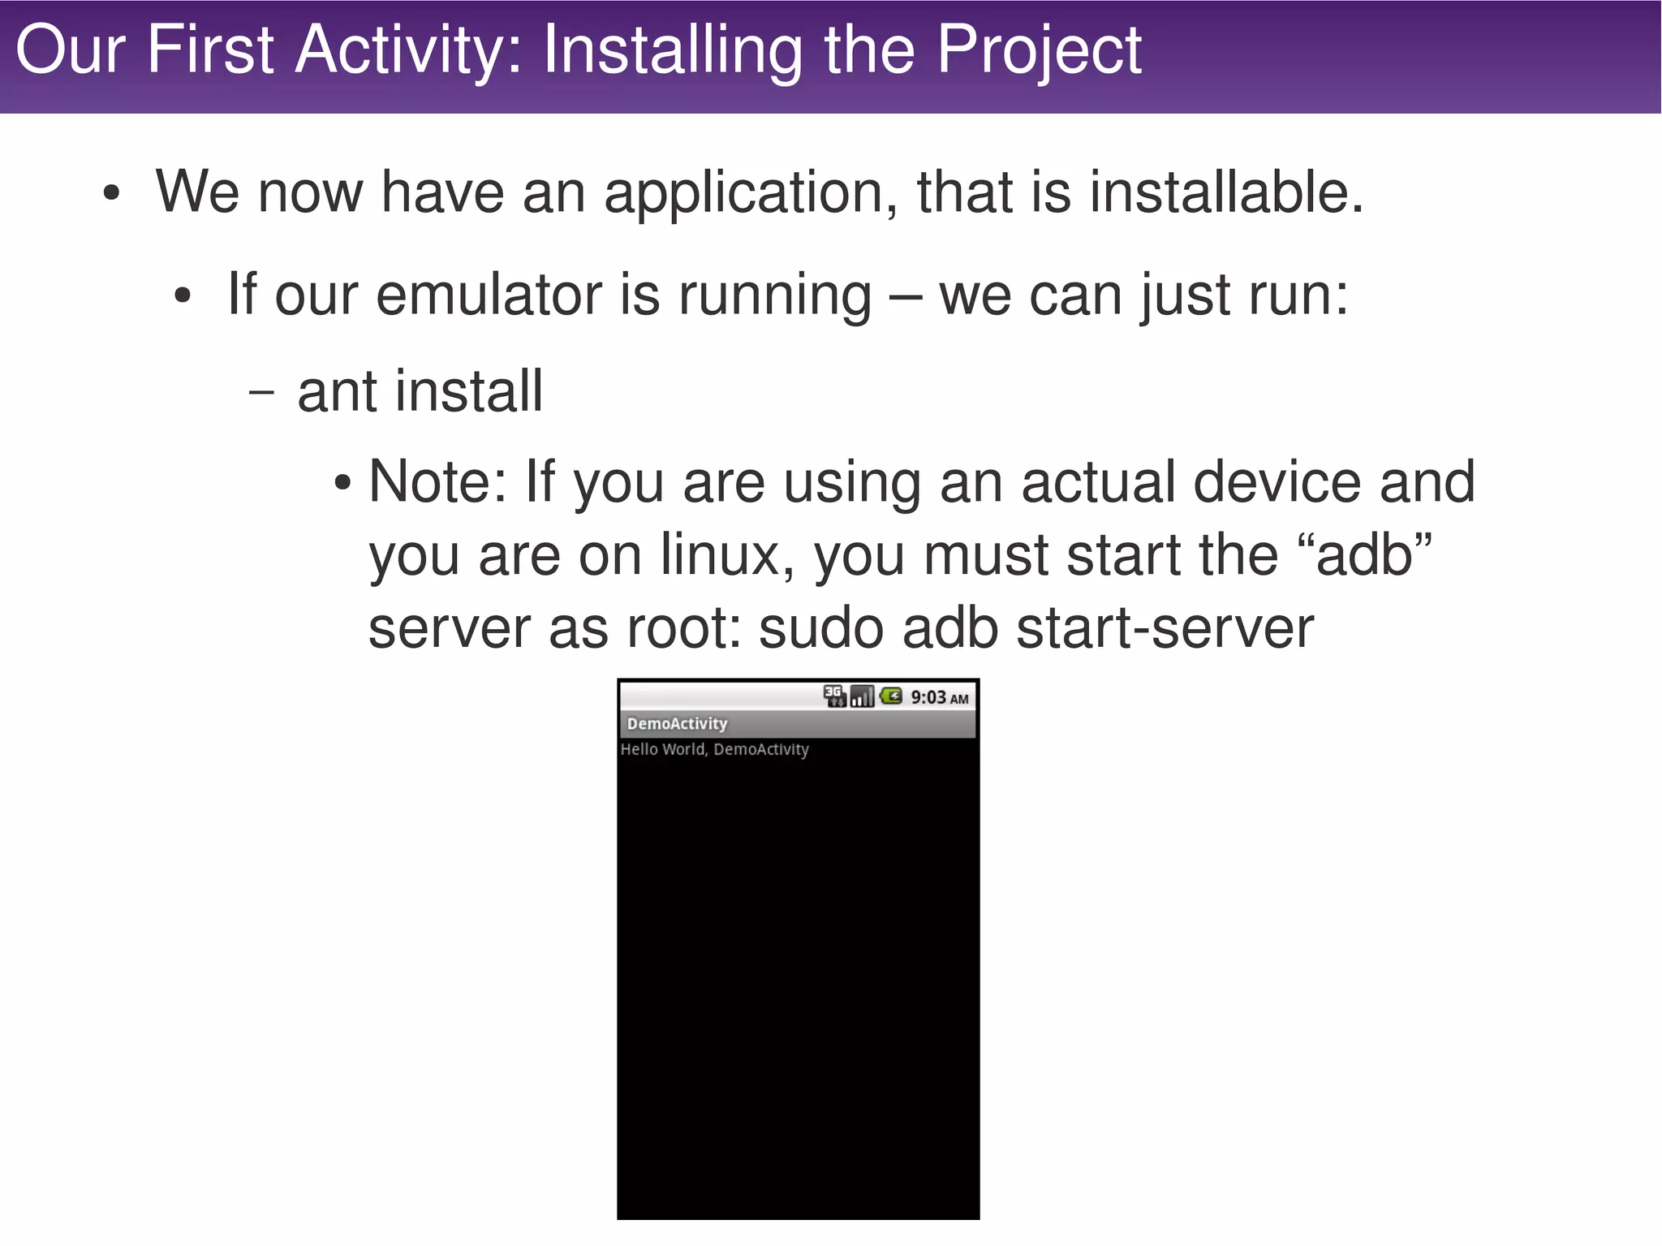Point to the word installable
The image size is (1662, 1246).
coord(1225,193)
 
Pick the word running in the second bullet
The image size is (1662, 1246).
coord(774,295)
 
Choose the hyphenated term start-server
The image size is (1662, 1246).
coord(1165,629)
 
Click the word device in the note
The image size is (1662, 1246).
coord(1276,482)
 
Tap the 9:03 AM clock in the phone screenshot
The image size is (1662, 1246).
coord(939,697)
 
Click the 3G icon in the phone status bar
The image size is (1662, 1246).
coord(834,696)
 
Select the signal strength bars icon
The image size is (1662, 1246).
coord(862,696)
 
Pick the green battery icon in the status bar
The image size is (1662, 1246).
coord(891,696)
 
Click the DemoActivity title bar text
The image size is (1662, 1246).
coord(677,723)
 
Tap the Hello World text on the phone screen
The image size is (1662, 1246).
coord(714,749)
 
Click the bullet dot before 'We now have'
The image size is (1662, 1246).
coord(112,195)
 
